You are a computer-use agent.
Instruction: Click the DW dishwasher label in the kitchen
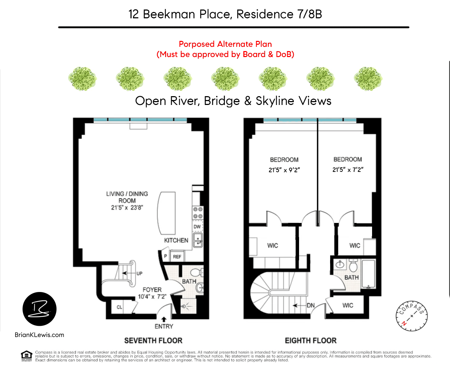(x=197, y=226)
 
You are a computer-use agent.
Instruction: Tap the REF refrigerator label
(x=177, y=257)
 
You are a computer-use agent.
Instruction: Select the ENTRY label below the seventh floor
(x=164, y=326)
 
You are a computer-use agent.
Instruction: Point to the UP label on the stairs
(x=139, y=273)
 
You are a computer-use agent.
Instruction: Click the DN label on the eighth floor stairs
(x=310, y=305)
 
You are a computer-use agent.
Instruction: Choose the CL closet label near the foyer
(x=119, y=307)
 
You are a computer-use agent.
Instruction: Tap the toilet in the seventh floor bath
(x=197, y=272)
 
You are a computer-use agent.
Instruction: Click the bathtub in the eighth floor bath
(x=369, y=274)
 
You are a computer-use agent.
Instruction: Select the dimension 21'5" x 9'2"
(x=284, y=170)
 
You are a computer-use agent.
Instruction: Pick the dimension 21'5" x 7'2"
(x=348, y=169)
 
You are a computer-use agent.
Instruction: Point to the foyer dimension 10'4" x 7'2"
(x=152, y=297)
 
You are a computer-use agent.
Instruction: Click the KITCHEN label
(x=176, y=241)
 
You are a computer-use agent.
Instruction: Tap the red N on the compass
(x=404, y=323)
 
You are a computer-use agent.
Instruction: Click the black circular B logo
(x=39, y=309)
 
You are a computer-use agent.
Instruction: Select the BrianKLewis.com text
(x=39, y=335)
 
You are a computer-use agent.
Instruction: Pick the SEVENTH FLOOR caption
(x=153, y=341)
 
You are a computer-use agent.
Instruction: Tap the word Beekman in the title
(x=169, y=14)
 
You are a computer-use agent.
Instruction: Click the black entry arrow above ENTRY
(x=164, y=319)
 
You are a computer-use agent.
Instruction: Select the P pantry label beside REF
(x=165, y=256)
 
